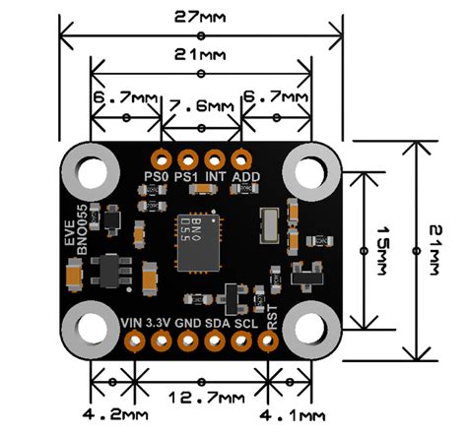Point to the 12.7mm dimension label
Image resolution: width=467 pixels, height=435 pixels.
tap(201, 399)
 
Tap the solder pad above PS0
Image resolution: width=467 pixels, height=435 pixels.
tap(159, 157)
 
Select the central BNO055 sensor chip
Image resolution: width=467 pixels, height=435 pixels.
tap(200, 241)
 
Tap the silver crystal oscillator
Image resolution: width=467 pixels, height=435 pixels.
tap(267, 225)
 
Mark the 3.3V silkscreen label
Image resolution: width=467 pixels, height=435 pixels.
tap(159, 322)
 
